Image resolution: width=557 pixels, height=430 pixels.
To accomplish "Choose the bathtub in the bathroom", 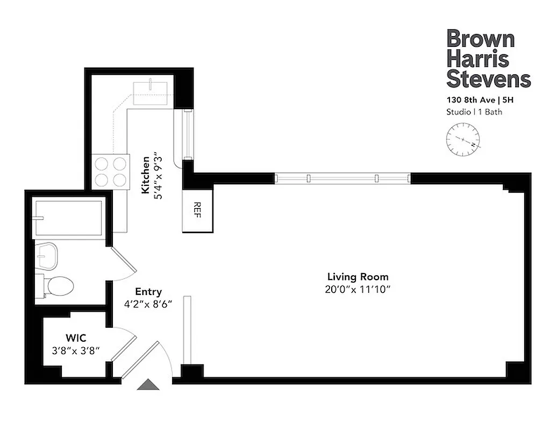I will coord(68,218).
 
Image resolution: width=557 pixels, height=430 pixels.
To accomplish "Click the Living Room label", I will coord(358,277).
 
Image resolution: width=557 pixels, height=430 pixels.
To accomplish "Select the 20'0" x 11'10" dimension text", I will coord(358,290).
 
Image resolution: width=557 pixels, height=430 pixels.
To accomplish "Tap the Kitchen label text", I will coord(145,175).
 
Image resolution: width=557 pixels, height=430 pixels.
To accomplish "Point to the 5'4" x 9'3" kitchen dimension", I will coord(158,175).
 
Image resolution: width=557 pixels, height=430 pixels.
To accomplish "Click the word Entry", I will coord(148,292).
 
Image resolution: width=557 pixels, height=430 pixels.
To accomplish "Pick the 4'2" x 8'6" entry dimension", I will coord(148,304).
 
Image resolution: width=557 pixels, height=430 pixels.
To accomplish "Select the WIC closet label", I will coord(75,338).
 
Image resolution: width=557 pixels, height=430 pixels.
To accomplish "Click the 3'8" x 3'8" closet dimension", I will coord(75,350).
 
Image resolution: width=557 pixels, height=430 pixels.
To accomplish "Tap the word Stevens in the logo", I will coord(488,78).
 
